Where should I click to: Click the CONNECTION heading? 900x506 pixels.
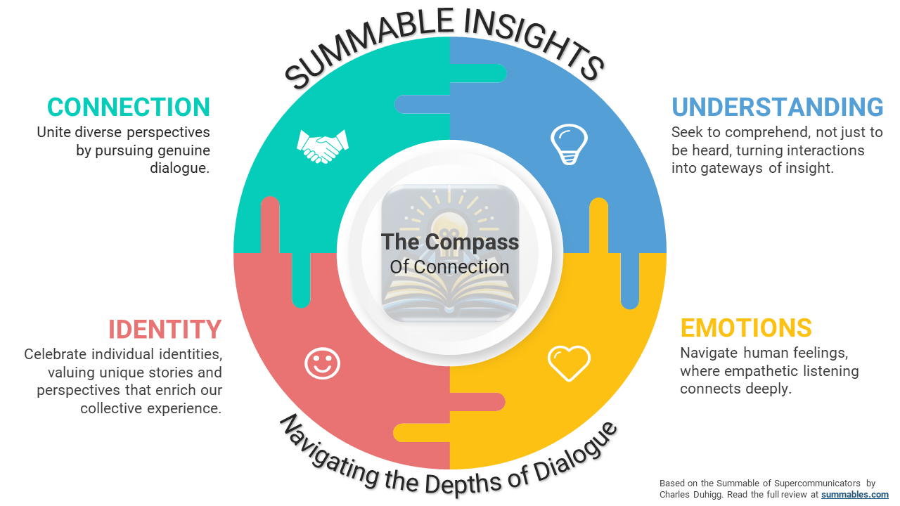coord(129,107)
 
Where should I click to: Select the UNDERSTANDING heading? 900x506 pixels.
coord(777,107)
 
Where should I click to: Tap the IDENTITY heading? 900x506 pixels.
coord(165,329)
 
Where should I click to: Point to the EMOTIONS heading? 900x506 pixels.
coord(746,328)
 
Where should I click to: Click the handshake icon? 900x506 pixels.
coord(323,145)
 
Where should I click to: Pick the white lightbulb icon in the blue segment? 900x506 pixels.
coord(568,143)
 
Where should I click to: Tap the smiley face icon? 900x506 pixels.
coord(322,363)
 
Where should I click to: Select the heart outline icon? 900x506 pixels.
coord(568,363)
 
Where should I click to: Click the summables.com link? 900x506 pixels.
coord(854,495)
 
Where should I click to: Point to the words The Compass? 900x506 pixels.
coord(450,242)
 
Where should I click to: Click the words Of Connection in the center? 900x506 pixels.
coord(450,267)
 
